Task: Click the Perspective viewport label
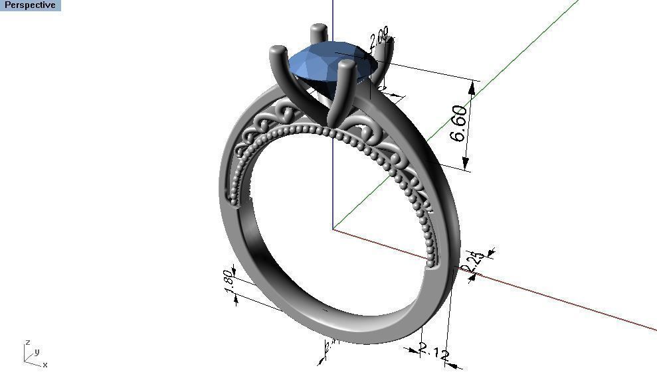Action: [x=30, y=5]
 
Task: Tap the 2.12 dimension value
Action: [x=434, y=352]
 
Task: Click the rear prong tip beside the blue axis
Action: [x=319, y=30]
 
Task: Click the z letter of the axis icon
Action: [x=27, y=343]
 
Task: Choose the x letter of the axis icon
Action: [x=45, y=365]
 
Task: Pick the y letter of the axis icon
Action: [x=37, y=351]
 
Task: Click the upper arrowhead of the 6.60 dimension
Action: [x=473, y=85]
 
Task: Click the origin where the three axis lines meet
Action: [x=333, y=229]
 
